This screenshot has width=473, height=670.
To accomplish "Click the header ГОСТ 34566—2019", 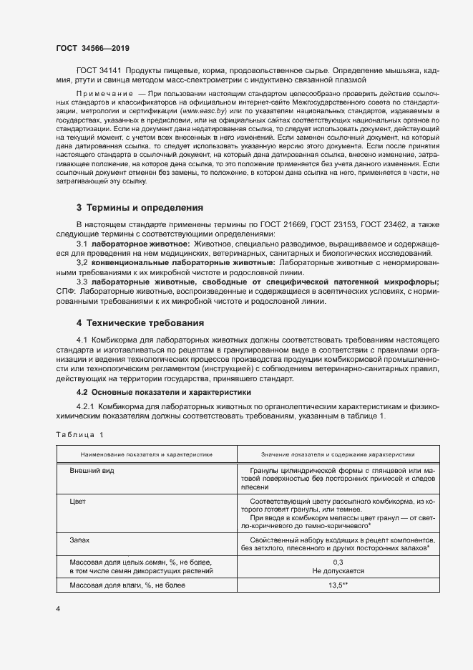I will click(x=92, y=48).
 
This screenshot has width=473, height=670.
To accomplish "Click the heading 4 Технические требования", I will click(x=140, y=323).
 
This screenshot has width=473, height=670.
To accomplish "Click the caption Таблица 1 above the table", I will click(x=79, y=435).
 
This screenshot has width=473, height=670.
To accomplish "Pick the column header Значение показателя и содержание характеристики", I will click(x=328, y=454).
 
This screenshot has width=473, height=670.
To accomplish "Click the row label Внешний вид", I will click(x=92, y=471).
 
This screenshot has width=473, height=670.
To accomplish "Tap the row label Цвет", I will click(x=77, y=502).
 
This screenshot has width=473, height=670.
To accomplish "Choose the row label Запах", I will click(x=79, y=539).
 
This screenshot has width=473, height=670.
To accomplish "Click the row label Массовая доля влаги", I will click(x=127, y=585).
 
